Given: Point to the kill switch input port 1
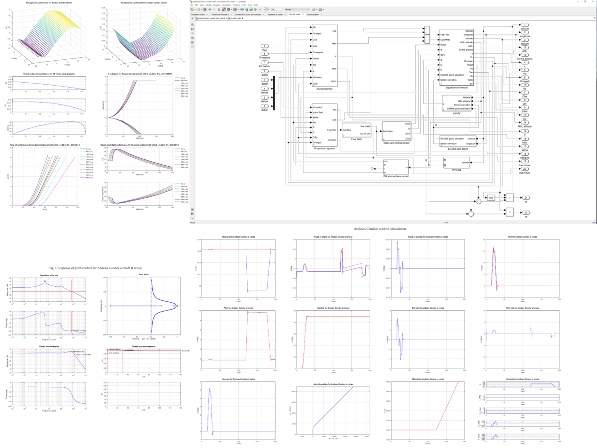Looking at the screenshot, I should click(x=266, y=62).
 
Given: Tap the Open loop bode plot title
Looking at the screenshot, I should click(x=48, y=274).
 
